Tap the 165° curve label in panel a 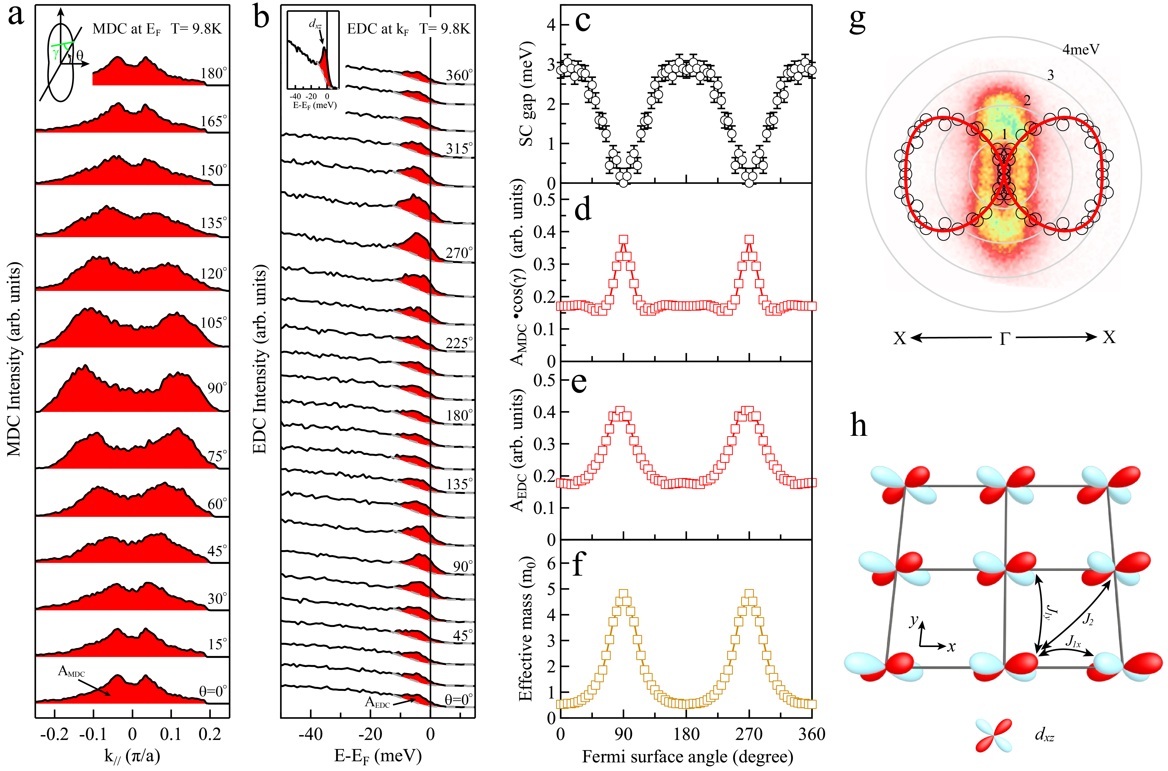click(x=214, y=121)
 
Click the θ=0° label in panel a click(x=213, y=691)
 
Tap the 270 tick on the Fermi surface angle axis click(x=749, y=734)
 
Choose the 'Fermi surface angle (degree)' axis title click(x=688, y=756)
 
